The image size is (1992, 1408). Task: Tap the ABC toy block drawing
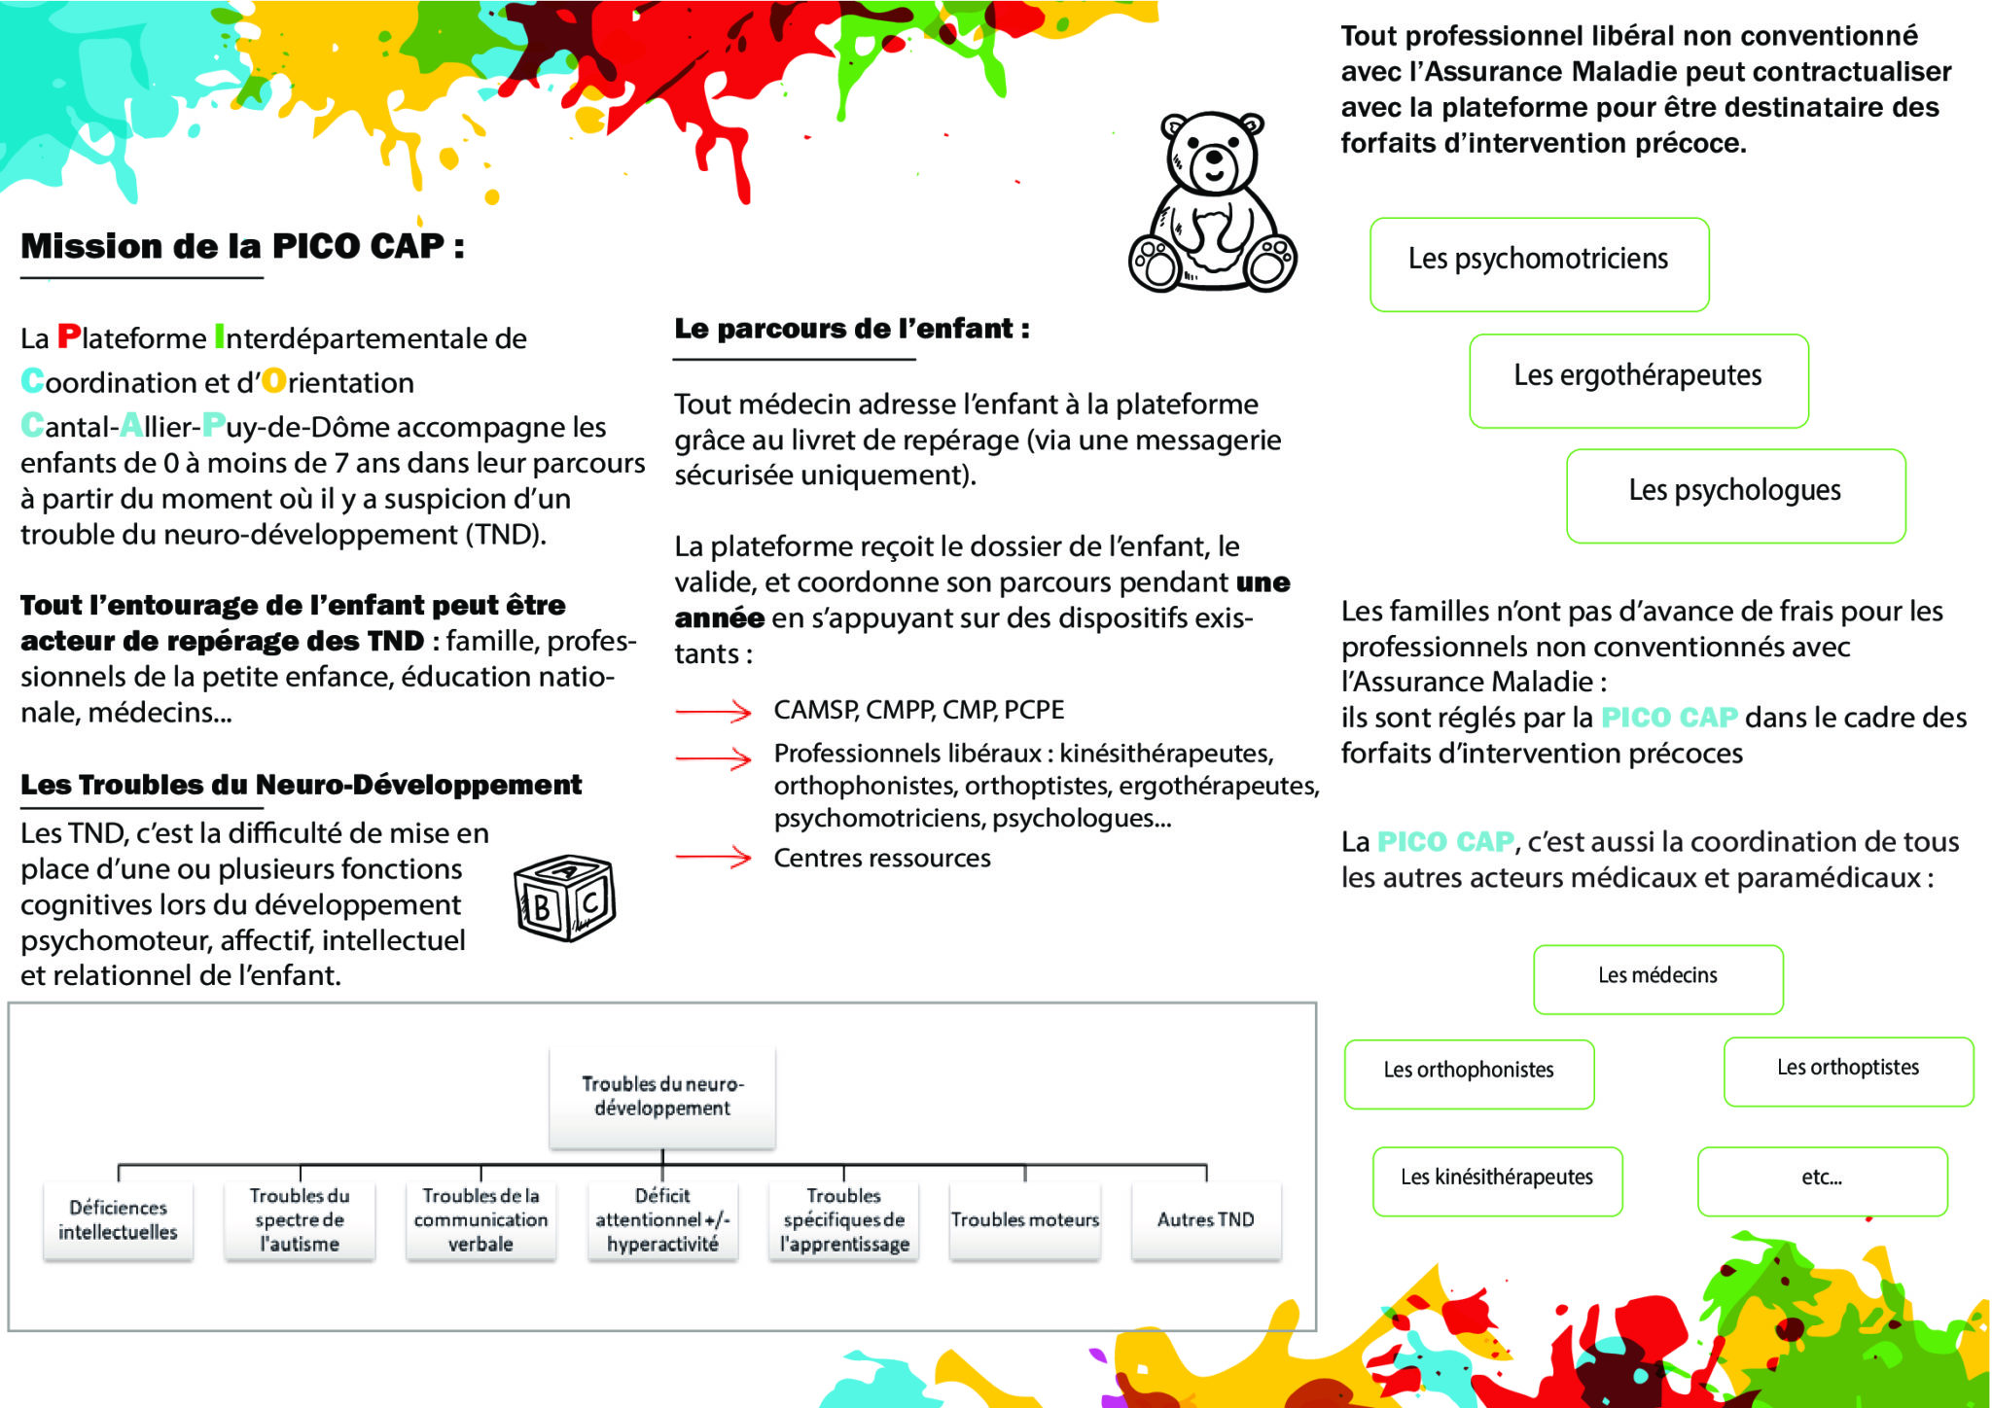tap(564, 898)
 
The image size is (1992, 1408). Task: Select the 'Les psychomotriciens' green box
tap(1539, 264)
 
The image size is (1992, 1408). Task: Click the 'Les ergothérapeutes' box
tap(1638, 380)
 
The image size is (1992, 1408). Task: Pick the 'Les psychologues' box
tap(1735, 495)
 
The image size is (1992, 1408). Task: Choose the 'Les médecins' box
tap(1657, 979)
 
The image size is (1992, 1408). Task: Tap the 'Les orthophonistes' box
tap(1469, 1074)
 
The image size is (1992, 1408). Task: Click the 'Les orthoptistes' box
tap(1848, 1071)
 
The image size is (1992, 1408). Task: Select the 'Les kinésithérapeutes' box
tap(1497, 1180)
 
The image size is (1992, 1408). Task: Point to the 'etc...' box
tap(1822, 1180)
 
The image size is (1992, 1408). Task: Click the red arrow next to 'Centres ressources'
tap(713, 857)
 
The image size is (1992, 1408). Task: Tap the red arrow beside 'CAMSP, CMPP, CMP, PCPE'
tap(713, 712)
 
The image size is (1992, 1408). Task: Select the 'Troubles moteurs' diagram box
tap(1024, 1220)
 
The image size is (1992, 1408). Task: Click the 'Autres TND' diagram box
tap(1205, 1220)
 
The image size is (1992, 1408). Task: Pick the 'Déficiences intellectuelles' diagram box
tap(118, 1220)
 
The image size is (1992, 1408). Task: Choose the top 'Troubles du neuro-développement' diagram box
tap(661, 1097)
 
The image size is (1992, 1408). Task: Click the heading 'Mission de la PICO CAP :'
tap(242, 246)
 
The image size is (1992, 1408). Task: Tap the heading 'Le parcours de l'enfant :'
tap(851, 329)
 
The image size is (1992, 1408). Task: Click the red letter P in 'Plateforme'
tap(68, 336)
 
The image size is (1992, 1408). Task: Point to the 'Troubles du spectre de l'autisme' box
tap(299, 1220)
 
